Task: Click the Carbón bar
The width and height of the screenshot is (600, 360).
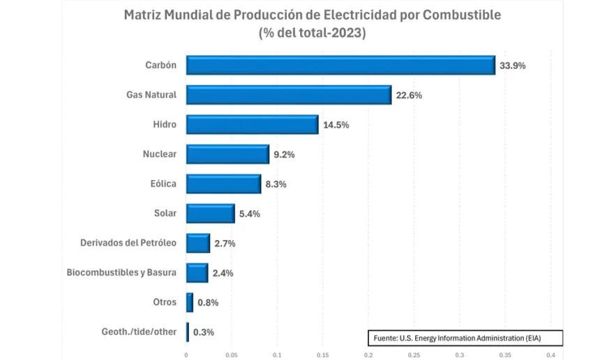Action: (340, 65)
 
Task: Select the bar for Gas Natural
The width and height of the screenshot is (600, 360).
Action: (289, 95)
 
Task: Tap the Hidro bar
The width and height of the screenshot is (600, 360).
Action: (252, 125)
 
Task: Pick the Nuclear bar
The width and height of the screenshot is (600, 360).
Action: (227, 154)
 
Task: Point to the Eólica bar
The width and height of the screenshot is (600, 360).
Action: (223, 184)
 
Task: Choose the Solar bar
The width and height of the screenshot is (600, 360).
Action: (210, 213)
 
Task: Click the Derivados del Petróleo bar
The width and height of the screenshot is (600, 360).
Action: (198, 243)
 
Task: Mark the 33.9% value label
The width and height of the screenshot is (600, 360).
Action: (512, 66)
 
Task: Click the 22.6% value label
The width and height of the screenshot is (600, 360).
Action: (409, 96)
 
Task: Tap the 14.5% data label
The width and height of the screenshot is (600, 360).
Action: (336, 126)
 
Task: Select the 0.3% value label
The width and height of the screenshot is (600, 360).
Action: (203, 332)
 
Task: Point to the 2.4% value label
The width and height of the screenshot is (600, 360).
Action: (223, 273)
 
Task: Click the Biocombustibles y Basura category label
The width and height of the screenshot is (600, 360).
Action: (121, 272)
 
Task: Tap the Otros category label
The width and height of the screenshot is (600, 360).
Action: (165, 302)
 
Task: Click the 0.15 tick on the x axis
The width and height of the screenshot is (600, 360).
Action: (322, 354)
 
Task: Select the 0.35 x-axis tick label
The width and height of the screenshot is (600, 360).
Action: (505, 354)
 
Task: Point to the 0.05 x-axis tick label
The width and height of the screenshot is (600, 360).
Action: (232, 354)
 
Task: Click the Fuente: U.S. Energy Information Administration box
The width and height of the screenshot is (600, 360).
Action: (465, 338)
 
